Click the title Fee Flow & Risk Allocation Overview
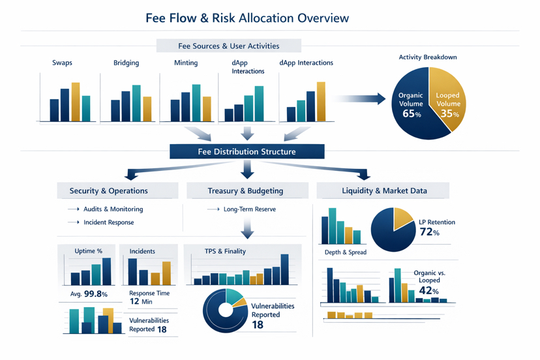[247, 18]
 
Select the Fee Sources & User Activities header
[228, 46]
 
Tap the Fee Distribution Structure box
[247, 151]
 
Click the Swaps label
[63, 63]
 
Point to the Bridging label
[126, 63]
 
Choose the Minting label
[186, 63]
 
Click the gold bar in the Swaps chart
[76, 102]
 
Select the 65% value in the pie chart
[412, 113]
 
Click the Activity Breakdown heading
[428, 57]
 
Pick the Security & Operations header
[108, 190]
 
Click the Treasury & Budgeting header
[245, 190]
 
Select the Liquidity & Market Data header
[384, 190]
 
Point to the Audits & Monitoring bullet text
[113, 209]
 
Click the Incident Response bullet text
[108, 222]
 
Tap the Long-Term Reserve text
[249, 209]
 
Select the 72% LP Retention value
[430, 232]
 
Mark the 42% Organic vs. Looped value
[429, 291]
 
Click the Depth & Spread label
[345, 252]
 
